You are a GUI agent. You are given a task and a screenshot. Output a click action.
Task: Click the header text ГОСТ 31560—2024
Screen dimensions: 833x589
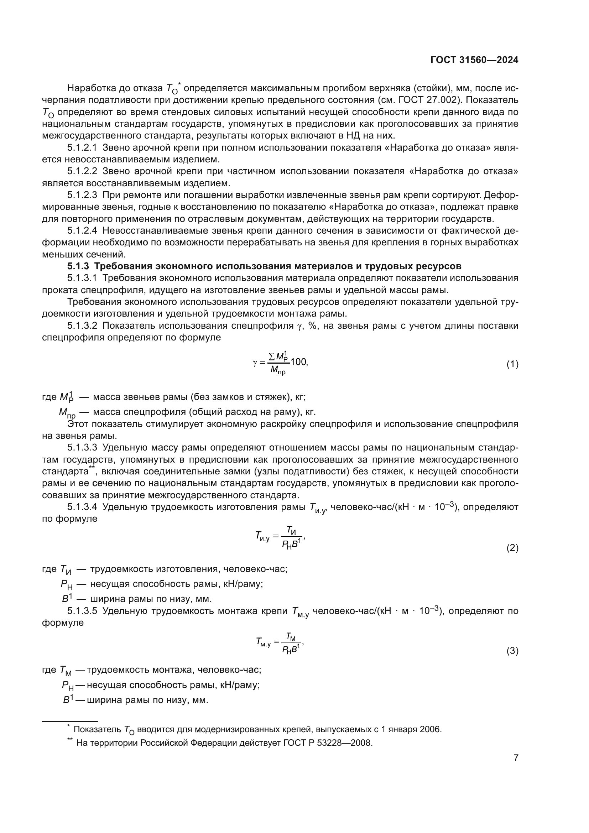[x=474, y=60]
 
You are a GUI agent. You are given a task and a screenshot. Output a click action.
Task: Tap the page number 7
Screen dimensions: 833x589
[x=516, y=757]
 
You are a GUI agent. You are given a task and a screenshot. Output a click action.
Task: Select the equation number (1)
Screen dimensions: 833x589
[x=512, y=364]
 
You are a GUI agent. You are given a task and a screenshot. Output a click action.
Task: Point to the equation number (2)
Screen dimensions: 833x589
[x=512, y=548]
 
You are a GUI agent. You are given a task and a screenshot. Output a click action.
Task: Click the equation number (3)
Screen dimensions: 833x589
[x=512, y=651]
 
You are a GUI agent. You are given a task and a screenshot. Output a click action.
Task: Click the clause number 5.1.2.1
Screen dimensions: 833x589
[x=82, y=148]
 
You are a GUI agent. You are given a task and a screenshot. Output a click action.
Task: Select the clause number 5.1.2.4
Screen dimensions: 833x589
[x=82, y=231]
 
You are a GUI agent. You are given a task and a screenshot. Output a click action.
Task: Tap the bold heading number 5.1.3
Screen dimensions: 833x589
[x=78, y=266]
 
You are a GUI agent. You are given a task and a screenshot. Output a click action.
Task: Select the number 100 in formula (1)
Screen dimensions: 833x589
[x=298, y=362]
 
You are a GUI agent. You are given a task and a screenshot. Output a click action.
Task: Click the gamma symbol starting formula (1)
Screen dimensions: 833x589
[x=255, y=363]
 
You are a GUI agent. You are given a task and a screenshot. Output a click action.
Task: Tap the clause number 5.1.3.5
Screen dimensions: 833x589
[x=82, y=611]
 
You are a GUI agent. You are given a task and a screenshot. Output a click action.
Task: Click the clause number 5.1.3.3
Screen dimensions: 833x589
[x=82, y=448]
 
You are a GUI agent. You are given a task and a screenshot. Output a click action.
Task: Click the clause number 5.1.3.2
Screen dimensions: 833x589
[x=82, y=326]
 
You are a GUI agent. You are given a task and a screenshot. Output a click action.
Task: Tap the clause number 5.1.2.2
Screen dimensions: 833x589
[x=82, y=171]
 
